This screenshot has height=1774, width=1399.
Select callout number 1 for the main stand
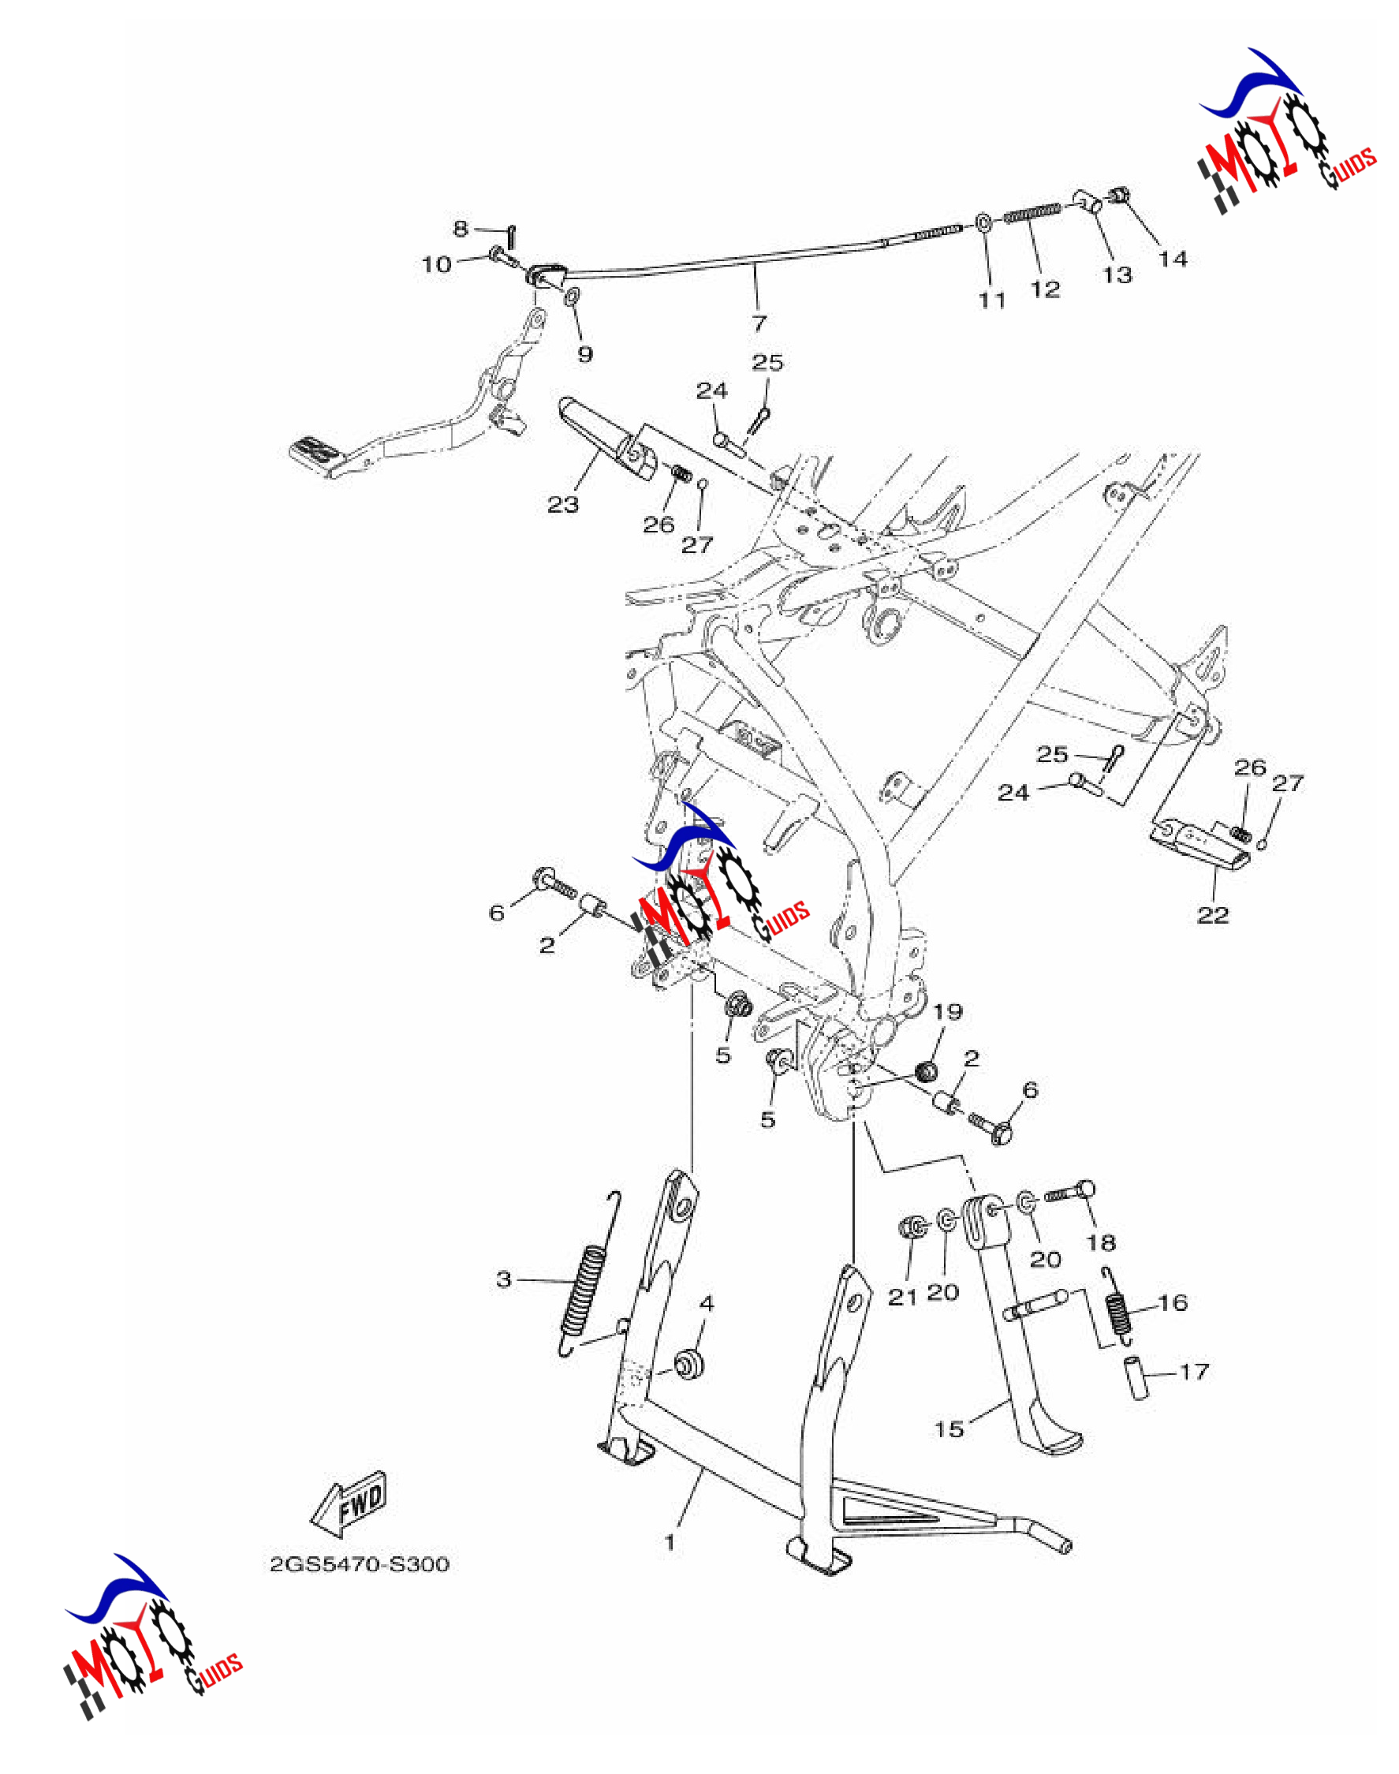click(x=670, y=1543)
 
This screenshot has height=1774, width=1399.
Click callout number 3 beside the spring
click(x=504, y=1279)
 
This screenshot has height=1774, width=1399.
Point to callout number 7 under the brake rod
click(x=759, y=323)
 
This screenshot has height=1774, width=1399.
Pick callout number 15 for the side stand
click(x=949, y=1429)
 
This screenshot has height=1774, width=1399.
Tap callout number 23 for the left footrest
click(x=563, y=505)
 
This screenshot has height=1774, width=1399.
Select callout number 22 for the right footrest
click(x=1213, y=914)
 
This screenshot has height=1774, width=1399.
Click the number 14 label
click(x=1172, y=259)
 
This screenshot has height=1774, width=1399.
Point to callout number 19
click(x=948, y=1012)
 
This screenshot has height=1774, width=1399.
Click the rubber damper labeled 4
click(x=688, y=1365)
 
